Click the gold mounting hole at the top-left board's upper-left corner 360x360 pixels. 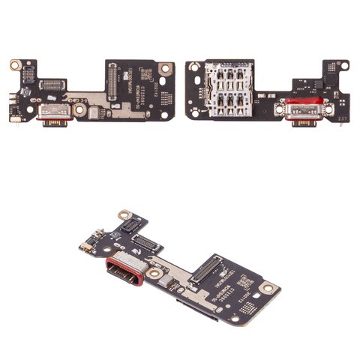pyautogui.click(x=15, y=67)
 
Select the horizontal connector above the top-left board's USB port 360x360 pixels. pyautogui.click(x=54, y=85)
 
